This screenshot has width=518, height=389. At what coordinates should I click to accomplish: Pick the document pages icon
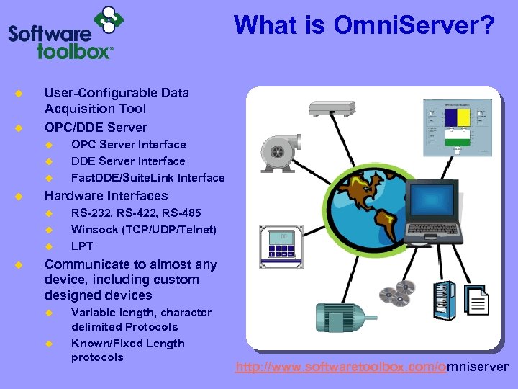pyautogui.click(x=477, y=298)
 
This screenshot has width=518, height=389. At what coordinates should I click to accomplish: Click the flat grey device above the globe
pyautogui.click(x=332, y=109)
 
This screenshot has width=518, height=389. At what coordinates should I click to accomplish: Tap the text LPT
pyautogui.click(x=83, y=246)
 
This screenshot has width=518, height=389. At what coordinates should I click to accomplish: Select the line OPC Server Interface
pyautogui.click(x=128, y=145)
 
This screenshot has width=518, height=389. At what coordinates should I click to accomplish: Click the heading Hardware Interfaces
pyautogui.click(x=106, y=196)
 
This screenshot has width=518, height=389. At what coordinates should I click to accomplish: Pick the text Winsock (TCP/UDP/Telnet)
pyautogui.click(x=143, y=230)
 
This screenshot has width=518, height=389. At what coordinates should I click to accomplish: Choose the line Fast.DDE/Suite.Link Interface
pyautogui.click(x=147, y=178)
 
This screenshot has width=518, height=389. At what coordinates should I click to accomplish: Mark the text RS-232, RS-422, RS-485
pyautogui.click(x=136, y=213)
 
